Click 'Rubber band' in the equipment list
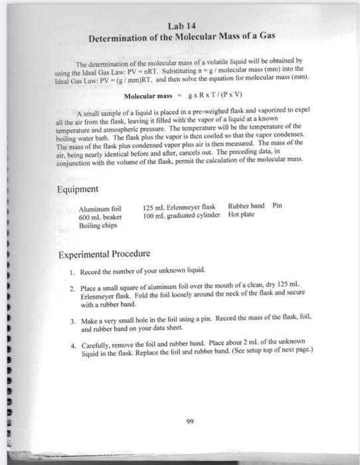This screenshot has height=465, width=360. (246, 206)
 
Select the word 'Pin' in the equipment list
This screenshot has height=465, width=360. (278, 206)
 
